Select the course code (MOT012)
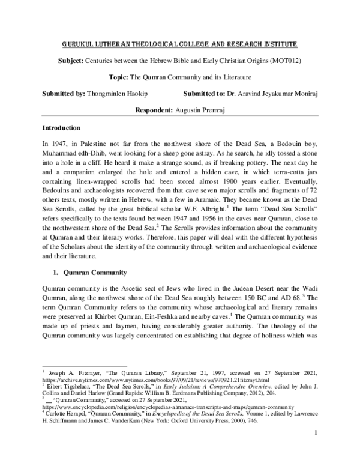(x=289, y=62)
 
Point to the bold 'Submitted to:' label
(x=203, y=94)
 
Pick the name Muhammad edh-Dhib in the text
(x=71, y=156)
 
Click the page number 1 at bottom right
(x=315, y=447)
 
